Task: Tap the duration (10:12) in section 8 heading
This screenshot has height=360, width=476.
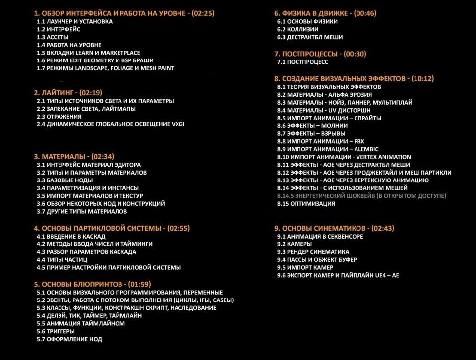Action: pyautogui.click(x=422, y=78)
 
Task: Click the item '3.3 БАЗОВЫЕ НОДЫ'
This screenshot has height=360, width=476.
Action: pyautogui.click(x=64, y=180)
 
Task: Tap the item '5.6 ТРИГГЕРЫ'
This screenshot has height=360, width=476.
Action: pyautogui.click(x=56, y=331)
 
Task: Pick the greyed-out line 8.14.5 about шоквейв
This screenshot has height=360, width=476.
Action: pyautogui.click(x=361, y=196)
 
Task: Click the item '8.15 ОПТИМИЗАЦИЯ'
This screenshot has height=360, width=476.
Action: pyautogui.click(x=306, y=204)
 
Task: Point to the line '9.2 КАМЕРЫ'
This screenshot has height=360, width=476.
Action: pyautogui.click(x=295, y=244)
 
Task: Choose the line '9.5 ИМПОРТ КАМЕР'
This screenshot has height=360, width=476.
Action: pyautogui.click(x=304, y=267)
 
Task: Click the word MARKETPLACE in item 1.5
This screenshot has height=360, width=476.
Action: pyautogui.click(x=121, y=53)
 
